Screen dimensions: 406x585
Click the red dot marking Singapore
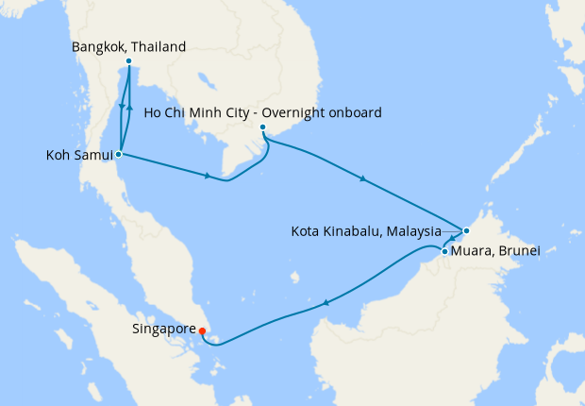[x=202, y=330]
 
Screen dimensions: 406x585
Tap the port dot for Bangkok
[x=128, y=63]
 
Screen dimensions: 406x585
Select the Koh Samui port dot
[x=118, y=153]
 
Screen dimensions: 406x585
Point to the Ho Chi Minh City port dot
[x=262, y=127]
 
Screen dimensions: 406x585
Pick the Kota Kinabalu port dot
[x=465, y=230]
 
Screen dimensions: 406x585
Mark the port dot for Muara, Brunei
[x=444, y=251]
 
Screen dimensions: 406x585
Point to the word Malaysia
[x=411, y=230]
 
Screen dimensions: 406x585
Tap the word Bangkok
[x=98, y=45]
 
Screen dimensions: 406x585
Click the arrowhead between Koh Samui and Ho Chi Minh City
[x=207, y=175]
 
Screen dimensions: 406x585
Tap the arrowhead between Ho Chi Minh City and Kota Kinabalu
[x=364, y=178]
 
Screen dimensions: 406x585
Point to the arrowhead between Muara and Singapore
[x=326, y=303]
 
